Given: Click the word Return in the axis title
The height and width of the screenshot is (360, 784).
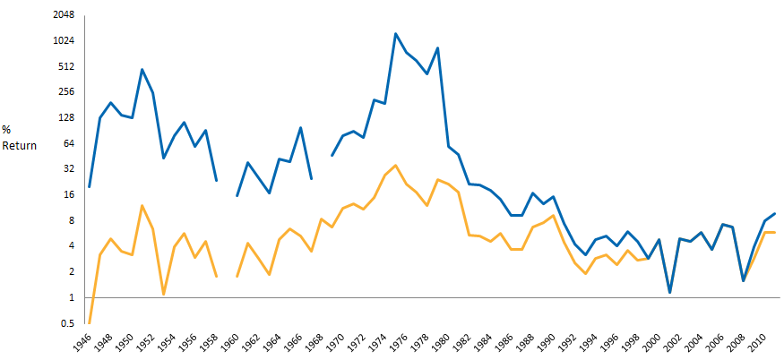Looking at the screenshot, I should [x=20, y=145].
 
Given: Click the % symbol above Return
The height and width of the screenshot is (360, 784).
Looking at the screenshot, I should [x=6, y=130].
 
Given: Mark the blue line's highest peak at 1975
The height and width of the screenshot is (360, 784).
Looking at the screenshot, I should [x=395, y=34].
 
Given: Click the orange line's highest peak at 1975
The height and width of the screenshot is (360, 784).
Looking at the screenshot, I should [x=395, y=165].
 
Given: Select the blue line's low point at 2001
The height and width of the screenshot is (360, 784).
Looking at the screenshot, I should [x=669, y=293].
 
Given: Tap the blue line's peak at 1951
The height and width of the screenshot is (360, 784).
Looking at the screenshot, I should [x=142, y=69].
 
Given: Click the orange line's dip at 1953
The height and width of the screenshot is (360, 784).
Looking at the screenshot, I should [x=163, y=294].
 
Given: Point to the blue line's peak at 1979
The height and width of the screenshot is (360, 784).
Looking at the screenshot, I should [x=437, y=48].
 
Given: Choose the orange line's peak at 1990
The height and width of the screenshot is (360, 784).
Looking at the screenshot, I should [x=554, y=215].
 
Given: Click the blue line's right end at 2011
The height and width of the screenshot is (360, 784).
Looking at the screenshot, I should [x=775, y=213].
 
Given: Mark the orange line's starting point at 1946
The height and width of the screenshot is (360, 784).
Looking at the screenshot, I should [x=90, y=322].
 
